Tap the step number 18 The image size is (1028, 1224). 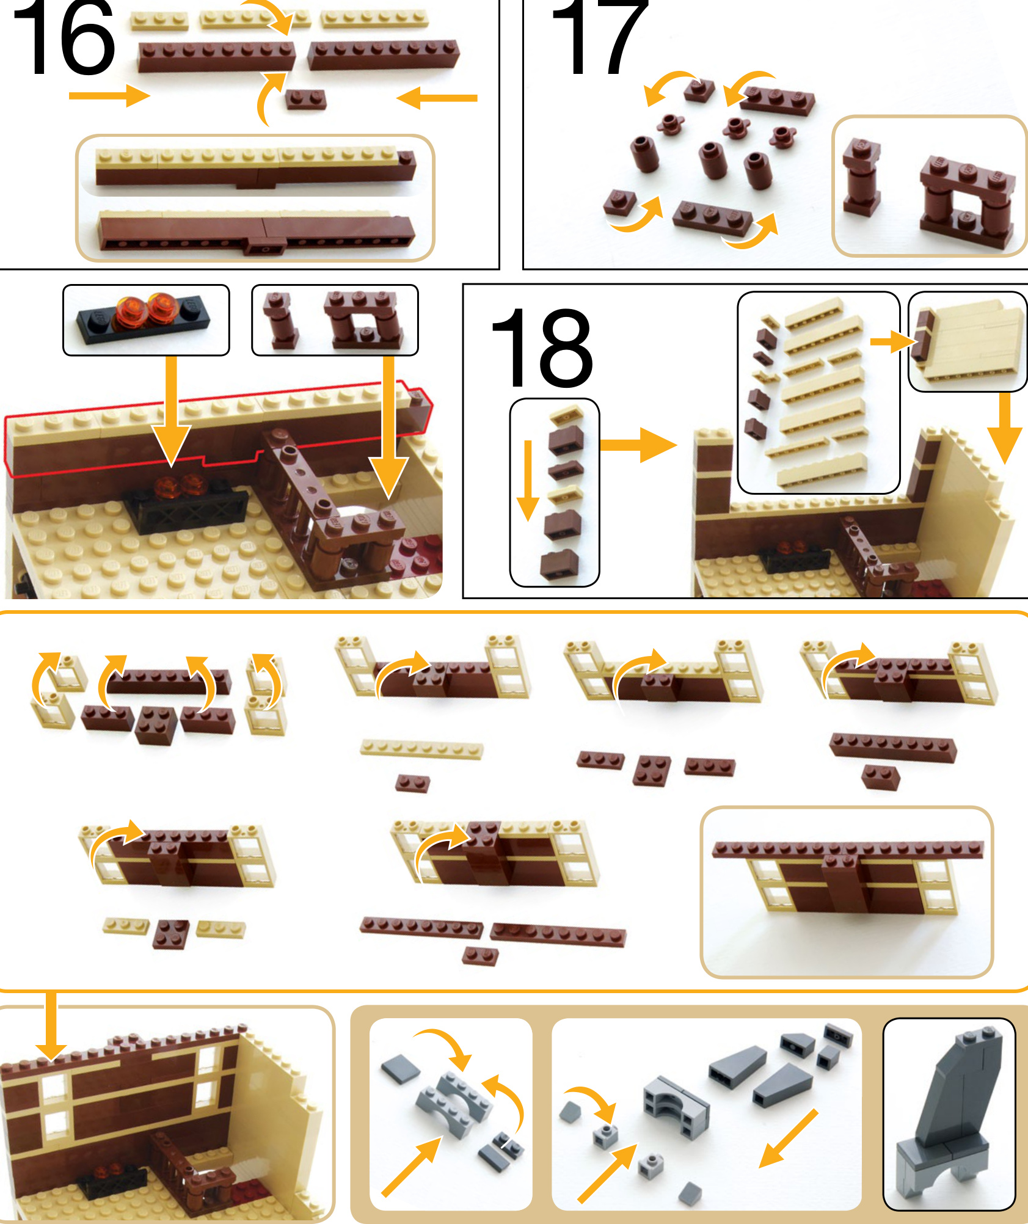tap(541, 348)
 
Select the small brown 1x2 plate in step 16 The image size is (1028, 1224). tap(305, 99)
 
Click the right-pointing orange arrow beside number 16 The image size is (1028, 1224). tap(109, 95)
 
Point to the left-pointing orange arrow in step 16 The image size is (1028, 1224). tap(437, 98)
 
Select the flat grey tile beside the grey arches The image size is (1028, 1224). tap(400, 1068)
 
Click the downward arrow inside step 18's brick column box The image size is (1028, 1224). tap(528, 480)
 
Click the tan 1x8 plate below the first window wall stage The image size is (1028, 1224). tap(421, 749)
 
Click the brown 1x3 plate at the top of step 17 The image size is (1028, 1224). tap(778, 100)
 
